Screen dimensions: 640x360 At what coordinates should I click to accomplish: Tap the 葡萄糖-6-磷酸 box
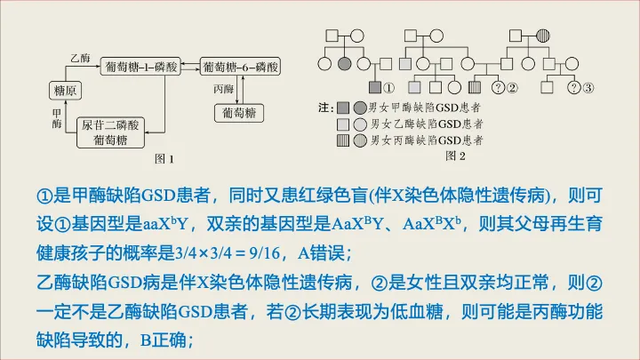coord(241,67)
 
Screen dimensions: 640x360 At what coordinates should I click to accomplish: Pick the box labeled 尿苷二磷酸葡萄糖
coord(109,132)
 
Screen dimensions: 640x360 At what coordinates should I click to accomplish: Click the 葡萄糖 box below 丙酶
coord(240,114)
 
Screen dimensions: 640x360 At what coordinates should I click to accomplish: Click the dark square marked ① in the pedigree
coord(374,87)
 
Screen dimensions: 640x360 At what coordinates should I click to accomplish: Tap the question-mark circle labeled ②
coord(499,87)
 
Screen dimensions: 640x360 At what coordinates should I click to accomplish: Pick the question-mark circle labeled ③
coord(575,87)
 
